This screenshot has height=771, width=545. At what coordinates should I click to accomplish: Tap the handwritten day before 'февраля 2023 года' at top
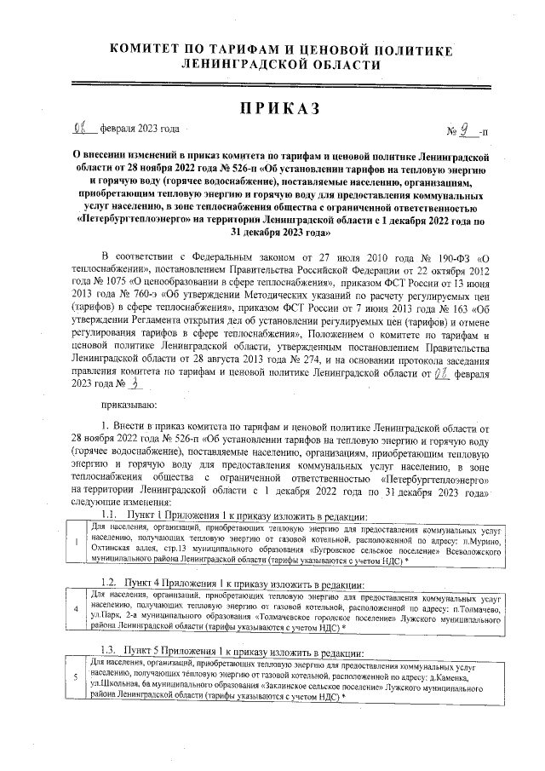click(x=83, y=129)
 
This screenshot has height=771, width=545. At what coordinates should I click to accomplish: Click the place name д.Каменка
click(x=468, y=678)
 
